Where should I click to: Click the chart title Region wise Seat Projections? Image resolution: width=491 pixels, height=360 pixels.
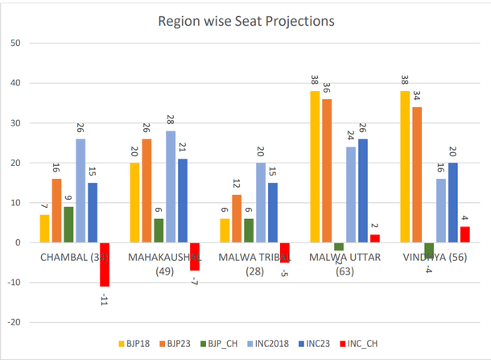245,19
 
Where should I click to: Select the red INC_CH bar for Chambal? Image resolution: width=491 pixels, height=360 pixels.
104,264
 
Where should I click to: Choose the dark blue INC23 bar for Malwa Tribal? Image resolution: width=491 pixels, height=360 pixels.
274,213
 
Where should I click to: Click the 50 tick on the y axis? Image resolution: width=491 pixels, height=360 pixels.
15,43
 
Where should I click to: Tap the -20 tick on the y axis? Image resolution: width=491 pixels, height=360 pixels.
14,322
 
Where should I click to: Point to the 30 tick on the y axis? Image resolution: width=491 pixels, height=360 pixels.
15,122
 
